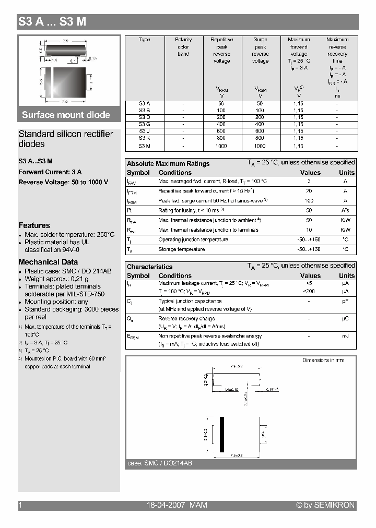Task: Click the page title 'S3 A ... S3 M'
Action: pos(52,22)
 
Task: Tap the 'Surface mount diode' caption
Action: pos(66,115)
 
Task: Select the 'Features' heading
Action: pos(34,225)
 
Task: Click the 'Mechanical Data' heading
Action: pos(48,262)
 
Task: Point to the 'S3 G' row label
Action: pos(145,124)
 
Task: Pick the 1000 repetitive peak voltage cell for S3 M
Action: pos(221,147)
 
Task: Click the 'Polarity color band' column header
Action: pos(183,47)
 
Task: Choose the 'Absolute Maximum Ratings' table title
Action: pos(168,164)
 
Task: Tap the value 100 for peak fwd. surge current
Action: pos(309,201)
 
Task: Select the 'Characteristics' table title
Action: pos(149,267)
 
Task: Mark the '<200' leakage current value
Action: pos(309,291)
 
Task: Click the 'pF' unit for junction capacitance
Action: pos(345,301)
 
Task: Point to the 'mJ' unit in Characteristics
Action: pos(345,336)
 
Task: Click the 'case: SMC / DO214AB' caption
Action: pos(160,463)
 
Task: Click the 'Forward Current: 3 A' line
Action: pos(50,172)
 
